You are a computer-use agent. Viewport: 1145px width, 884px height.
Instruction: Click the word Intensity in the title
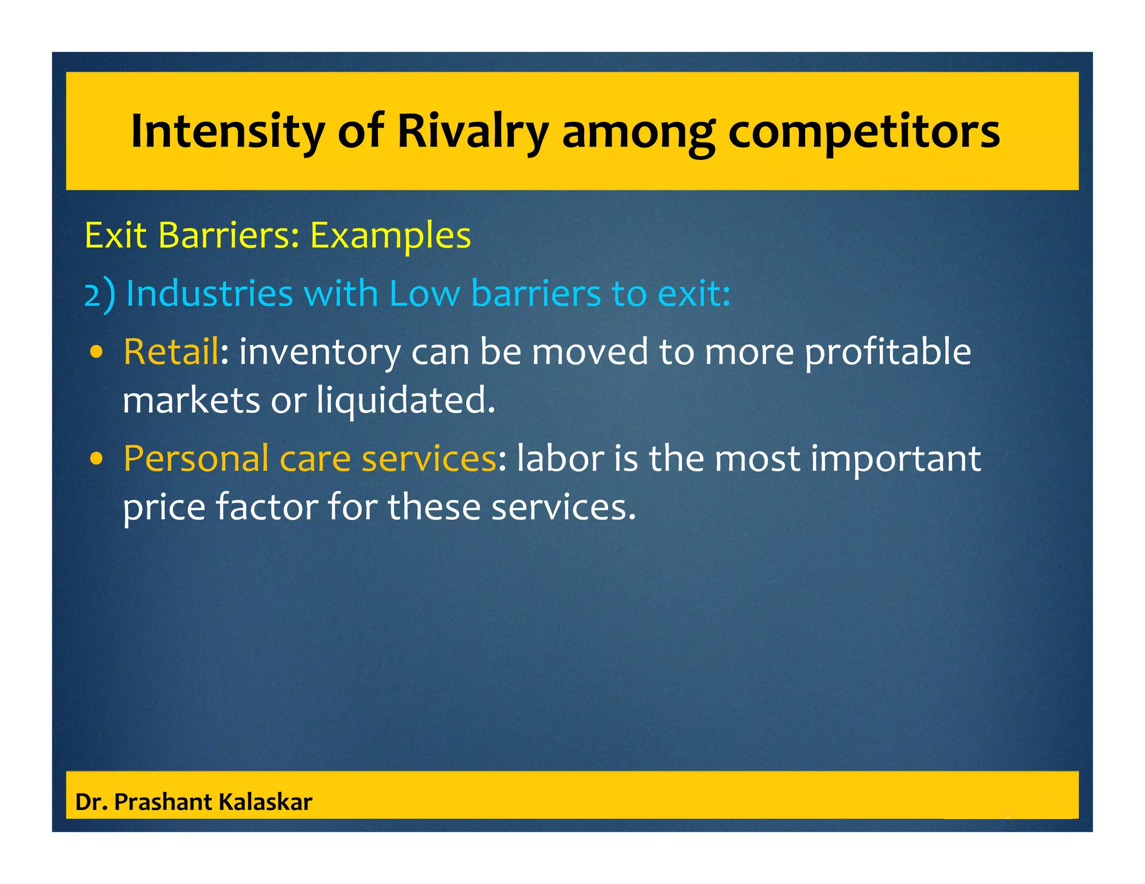coord(228,132)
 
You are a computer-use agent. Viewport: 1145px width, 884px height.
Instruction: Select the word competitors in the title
coord(864,132)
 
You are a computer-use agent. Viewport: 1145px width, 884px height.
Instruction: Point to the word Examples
coord(390,236)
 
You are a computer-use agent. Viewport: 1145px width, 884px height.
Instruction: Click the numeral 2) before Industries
coord(100,294)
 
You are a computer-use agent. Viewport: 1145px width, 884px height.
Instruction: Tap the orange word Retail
coord(171,351)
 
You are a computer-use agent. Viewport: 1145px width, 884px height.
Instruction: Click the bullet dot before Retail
coord(97,352)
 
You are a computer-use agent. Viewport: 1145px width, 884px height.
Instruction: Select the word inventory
coord(320,353)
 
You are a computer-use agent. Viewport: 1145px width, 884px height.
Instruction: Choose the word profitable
coord(888,353)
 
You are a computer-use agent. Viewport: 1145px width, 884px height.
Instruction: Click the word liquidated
coord(406,401)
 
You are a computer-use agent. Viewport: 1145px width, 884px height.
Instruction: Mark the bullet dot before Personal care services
coord(97,459)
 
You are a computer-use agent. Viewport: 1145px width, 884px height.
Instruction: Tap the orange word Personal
coord(196,459)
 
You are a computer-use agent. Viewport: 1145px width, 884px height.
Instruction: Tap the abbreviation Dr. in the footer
coord(91,802)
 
